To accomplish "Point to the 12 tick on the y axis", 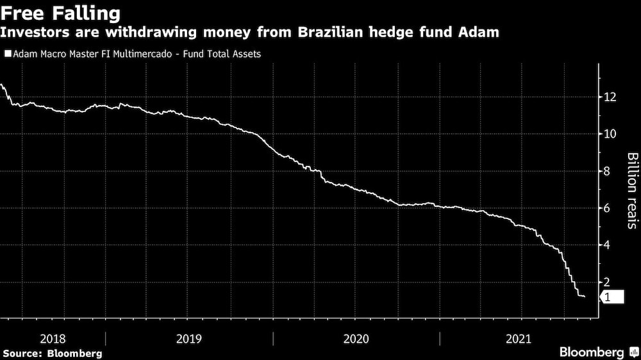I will point(610,97).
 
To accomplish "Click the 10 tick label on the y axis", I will point(610,134).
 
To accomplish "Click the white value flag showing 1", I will point(611,297).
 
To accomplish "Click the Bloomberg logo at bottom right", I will point(597,352).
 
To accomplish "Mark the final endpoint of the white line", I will point(584,297).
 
